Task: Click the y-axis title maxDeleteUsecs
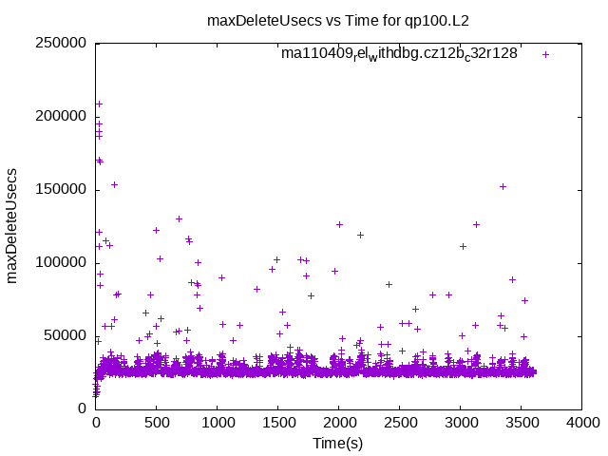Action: [13, 225]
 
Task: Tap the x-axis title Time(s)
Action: [338, 443]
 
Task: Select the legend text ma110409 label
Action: [399, 54]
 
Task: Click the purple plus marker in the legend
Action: [545, 54]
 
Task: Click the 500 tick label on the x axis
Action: [156, 425]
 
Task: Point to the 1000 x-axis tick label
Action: [217, 425]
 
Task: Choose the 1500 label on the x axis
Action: [277, 425]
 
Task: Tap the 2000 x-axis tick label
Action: [338, 425]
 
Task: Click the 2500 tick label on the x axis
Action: [399, 425]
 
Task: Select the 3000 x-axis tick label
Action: [460, 425]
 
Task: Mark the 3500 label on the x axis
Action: [521, 425]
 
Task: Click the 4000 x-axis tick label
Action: [581, 425]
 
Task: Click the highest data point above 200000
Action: [99, 104]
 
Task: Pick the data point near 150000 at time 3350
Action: [503, 186]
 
